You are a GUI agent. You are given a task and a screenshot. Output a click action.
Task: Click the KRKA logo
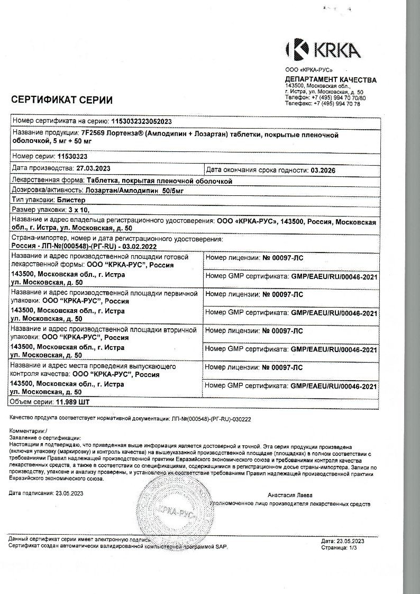[323, 50]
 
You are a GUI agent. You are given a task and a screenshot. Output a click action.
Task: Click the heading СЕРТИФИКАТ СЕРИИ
[62, 100]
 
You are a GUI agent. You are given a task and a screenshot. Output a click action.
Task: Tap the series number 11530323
[72, 157]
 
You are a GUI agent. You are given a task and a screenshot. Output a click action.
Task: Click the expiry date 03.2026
[323, 170]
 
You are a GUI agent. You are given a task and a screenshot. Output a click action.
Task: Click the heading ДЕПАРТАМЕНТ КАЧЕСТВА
[331, 80]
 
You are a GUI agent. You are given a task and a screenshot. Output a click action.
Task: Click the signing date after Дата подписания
[69, 493]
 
